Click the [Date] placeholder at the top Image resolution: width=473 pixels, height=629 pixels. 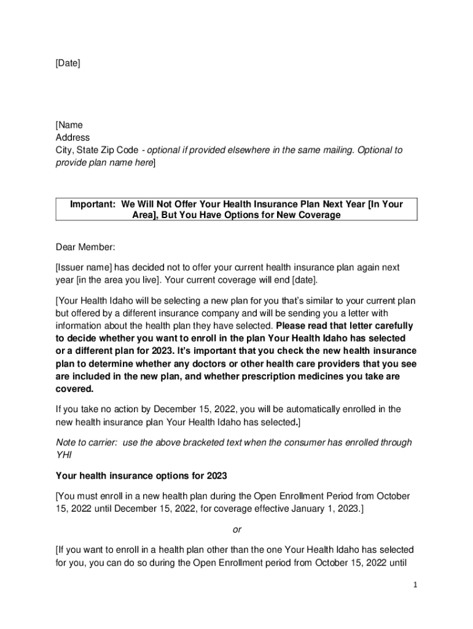[68, 63]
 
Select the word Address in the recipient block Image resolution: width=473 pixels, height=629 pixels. [72, 138]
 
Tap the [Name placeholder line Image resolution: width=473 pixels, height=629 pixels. [69, 125]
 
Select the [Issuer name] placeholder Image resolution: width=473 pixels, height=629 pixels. [84, 268]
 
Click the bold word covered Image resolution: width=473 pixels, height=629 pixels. [74, 389]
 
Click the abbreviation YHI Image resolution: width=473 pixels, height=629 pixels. [64, 455]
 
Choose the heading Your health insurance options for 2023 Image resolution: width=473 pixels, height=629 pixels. [141, 475]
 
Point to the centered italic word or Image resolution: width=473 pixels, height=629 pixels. [237, 529]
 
